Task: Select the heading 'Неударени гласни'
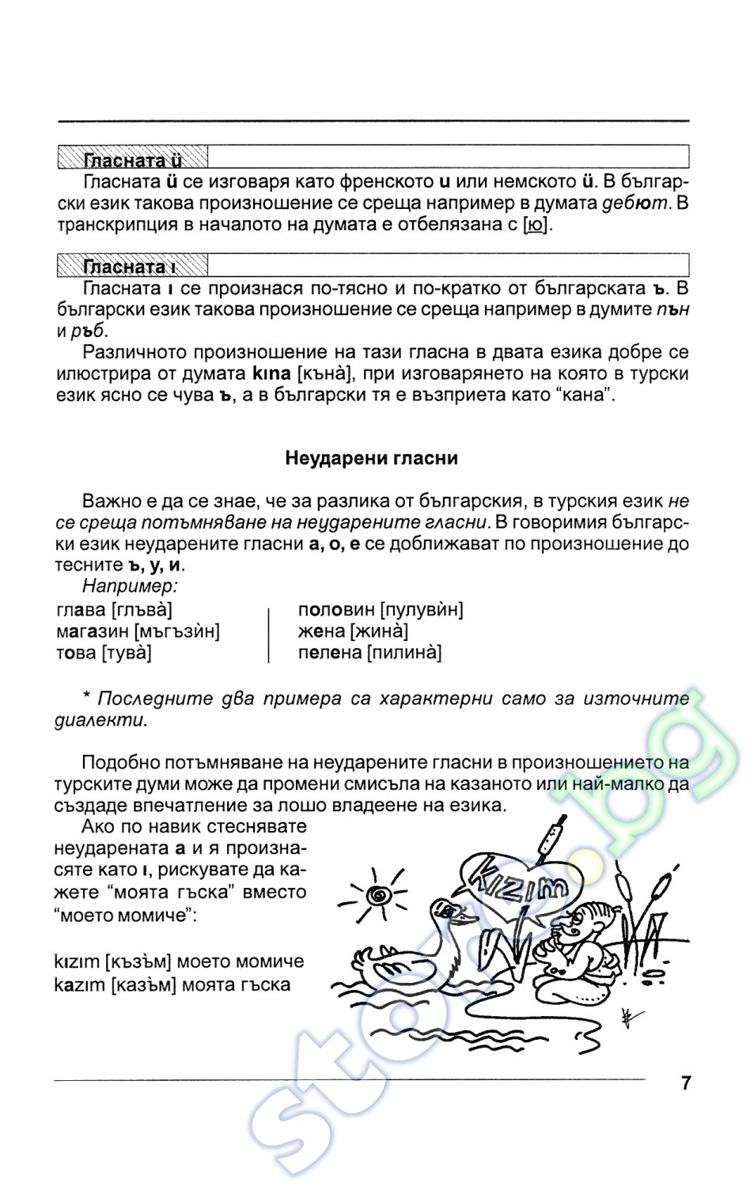[x=371, y=458]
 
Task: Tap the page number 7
[x=685, y=1083]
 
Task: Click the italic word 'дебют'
[x=635, y=203]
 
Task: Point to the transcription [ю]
[x=536, y=225]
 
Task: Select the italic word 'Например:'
[x=130, y=586]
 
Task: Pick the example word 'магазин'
[x=93, y=631]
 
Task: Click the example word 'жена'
[x=321, y=631]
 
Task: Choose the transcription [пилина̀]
[x=404, y=653]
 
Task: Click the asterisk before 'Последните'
[x=87, y=699]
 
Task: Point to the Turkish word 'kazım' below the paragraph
[x=79, y=985]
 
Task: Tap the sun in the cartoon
[x=380, y=895]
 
